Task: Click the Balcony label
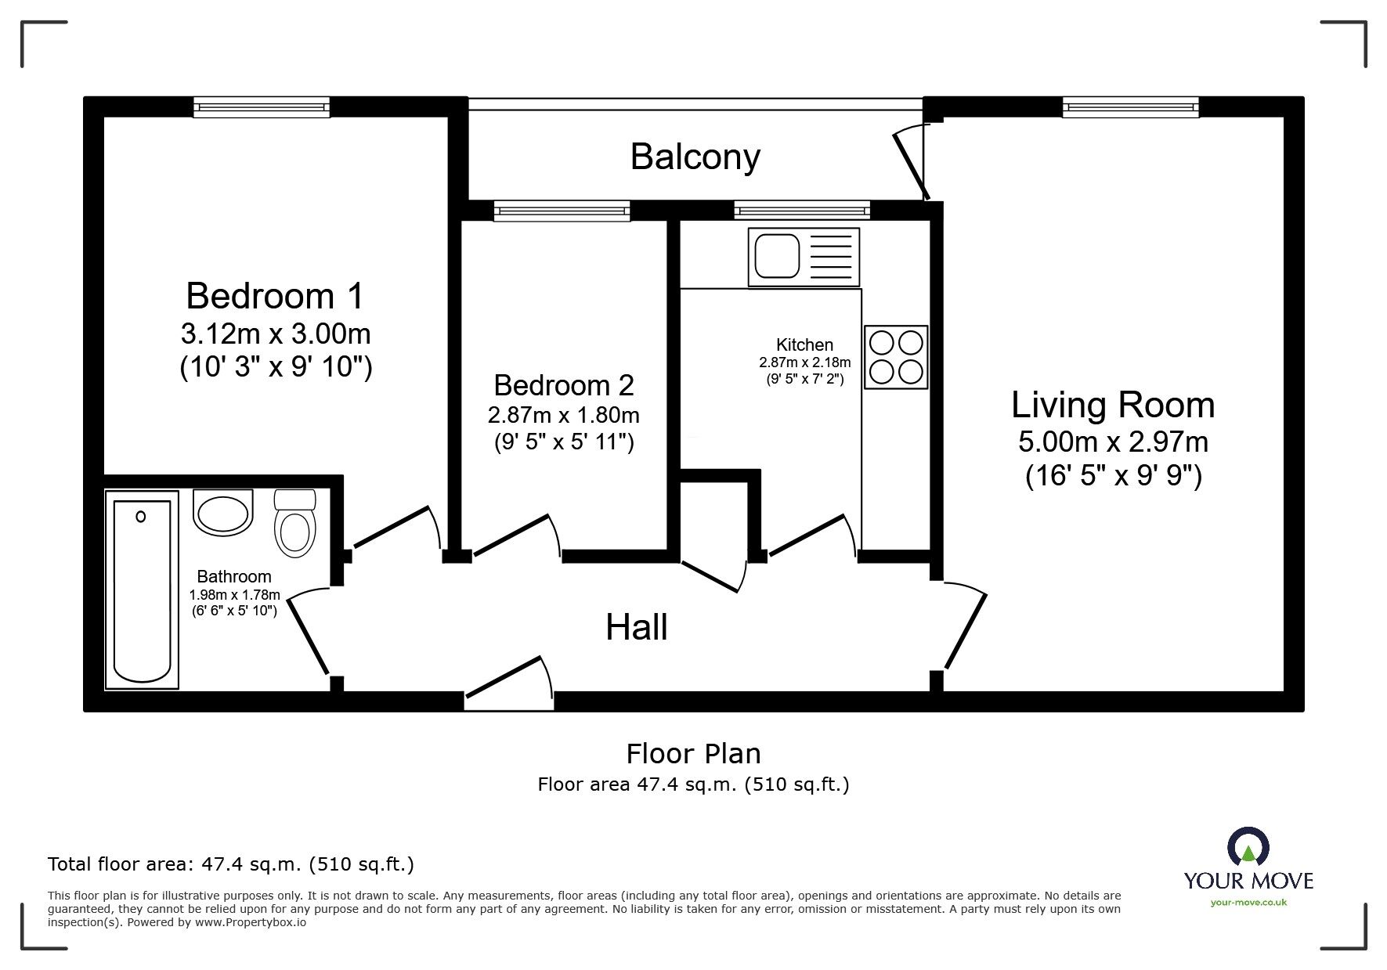coord(695,157)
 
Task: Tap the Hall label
coord(637,627)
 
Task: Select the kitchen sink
coord(804,257)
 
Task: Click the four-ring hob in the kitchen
coord(896,357)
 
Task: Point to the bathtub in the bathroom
coord(142,591)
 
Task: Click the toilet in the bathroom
coord(294,523)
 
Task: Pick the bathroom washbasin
coord(224,514)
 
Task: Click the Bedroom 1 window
coord(262,107)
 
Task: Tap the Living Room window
coord(1130,107)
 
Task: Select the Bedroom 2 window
coord(562,211)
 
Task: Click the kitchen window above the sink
coord(802,211)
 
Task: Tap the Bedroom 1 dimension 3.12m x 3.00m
coord(276,334)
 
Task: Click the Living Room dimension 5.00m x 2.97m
coord(1113,442)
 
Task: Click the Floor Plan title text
coord(694,754)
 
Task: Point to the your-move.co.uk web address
coord(1248,903)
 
